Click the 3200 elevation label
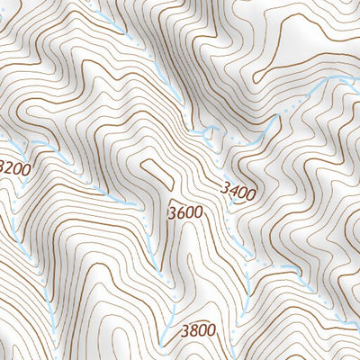pyautogui.click(x=13, y=167)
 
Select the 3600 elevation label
pyautogui.click(x=184, y=213)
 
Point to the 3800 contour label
pyautogui.click(x=198, y=330)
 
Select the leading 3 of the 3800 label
pyautogui.click(x=184, y=330)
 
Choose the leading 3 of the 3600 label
pyautogui.click(x=172, y=213)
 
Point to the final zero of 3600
pyautogui.click(x=197, y=213)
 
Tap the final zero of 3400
pyautogui.click(x=251, y=193)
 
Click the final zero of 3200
pyautogui.click(x=26, y=168)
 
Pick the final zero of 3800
pyautogui.click(x=211, y=330)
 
